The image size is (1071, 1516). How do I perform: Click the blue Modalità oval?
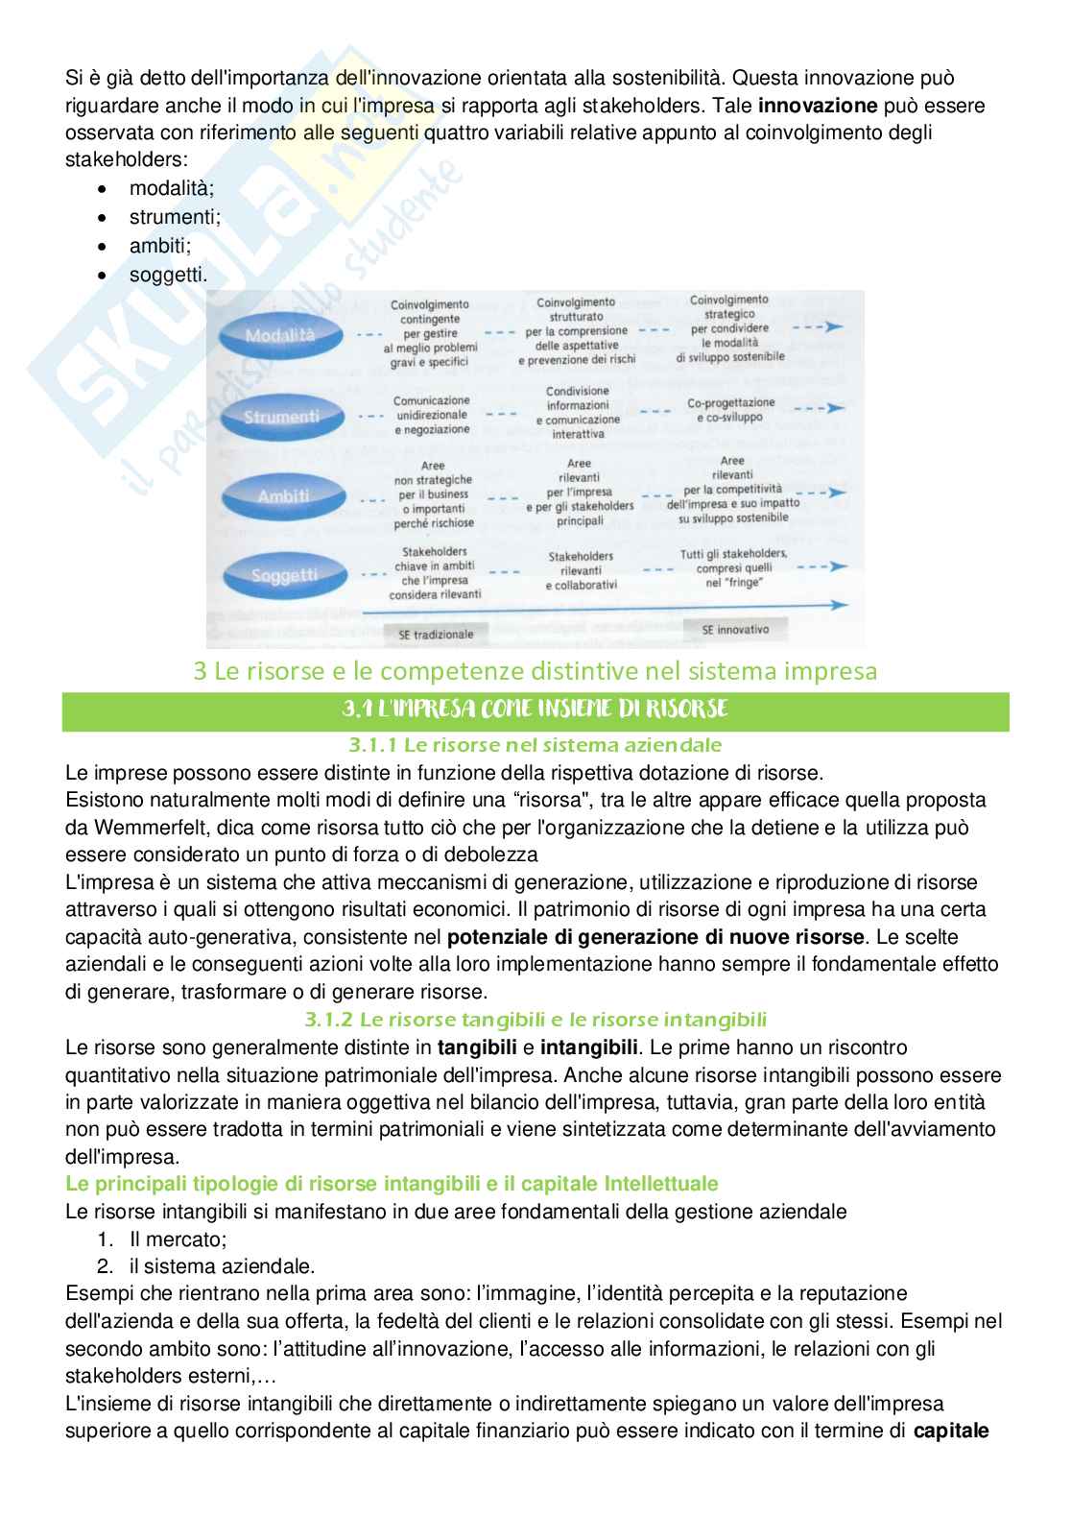point(280,335)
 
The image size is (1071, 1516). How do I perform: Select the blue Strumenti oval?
point(281,417)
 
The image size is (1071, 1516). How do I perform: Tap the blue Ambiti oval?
point(283,496)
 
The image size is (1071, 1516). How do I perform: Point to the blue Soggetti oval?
point(284,576)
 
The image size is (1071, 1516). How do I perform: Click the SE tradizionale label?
point(436,634)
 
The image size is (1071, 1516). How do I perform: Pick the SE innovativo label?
point(735,630)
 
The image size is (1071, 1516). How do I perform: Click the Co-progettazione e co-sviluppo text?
point(731,410)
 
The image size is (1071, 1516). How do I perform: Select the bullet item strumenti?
point(175,217)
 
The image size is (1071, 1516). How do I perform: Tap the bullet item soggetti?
point(168,275)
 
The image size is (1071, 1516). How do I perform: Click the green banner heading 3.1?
point(535,710)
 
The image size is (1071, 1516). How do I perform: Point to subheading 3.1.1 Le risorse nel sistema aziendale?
point(535,744)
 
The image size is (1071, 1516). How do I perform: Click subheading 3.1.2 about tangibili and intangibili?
point(535,1019)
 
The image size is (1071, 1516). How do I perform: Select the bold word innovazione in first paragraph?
point(817,106)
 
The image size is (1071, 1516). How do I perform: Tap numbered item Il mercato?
point(178,1239)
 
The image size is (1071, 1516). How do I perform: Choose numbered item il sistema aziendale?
point(222,1265)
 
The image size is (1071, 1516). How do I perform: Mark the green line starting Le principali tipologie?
point(392,1183)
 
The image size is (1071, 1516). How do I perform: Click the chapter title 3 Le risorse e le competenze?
point(535,670)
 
